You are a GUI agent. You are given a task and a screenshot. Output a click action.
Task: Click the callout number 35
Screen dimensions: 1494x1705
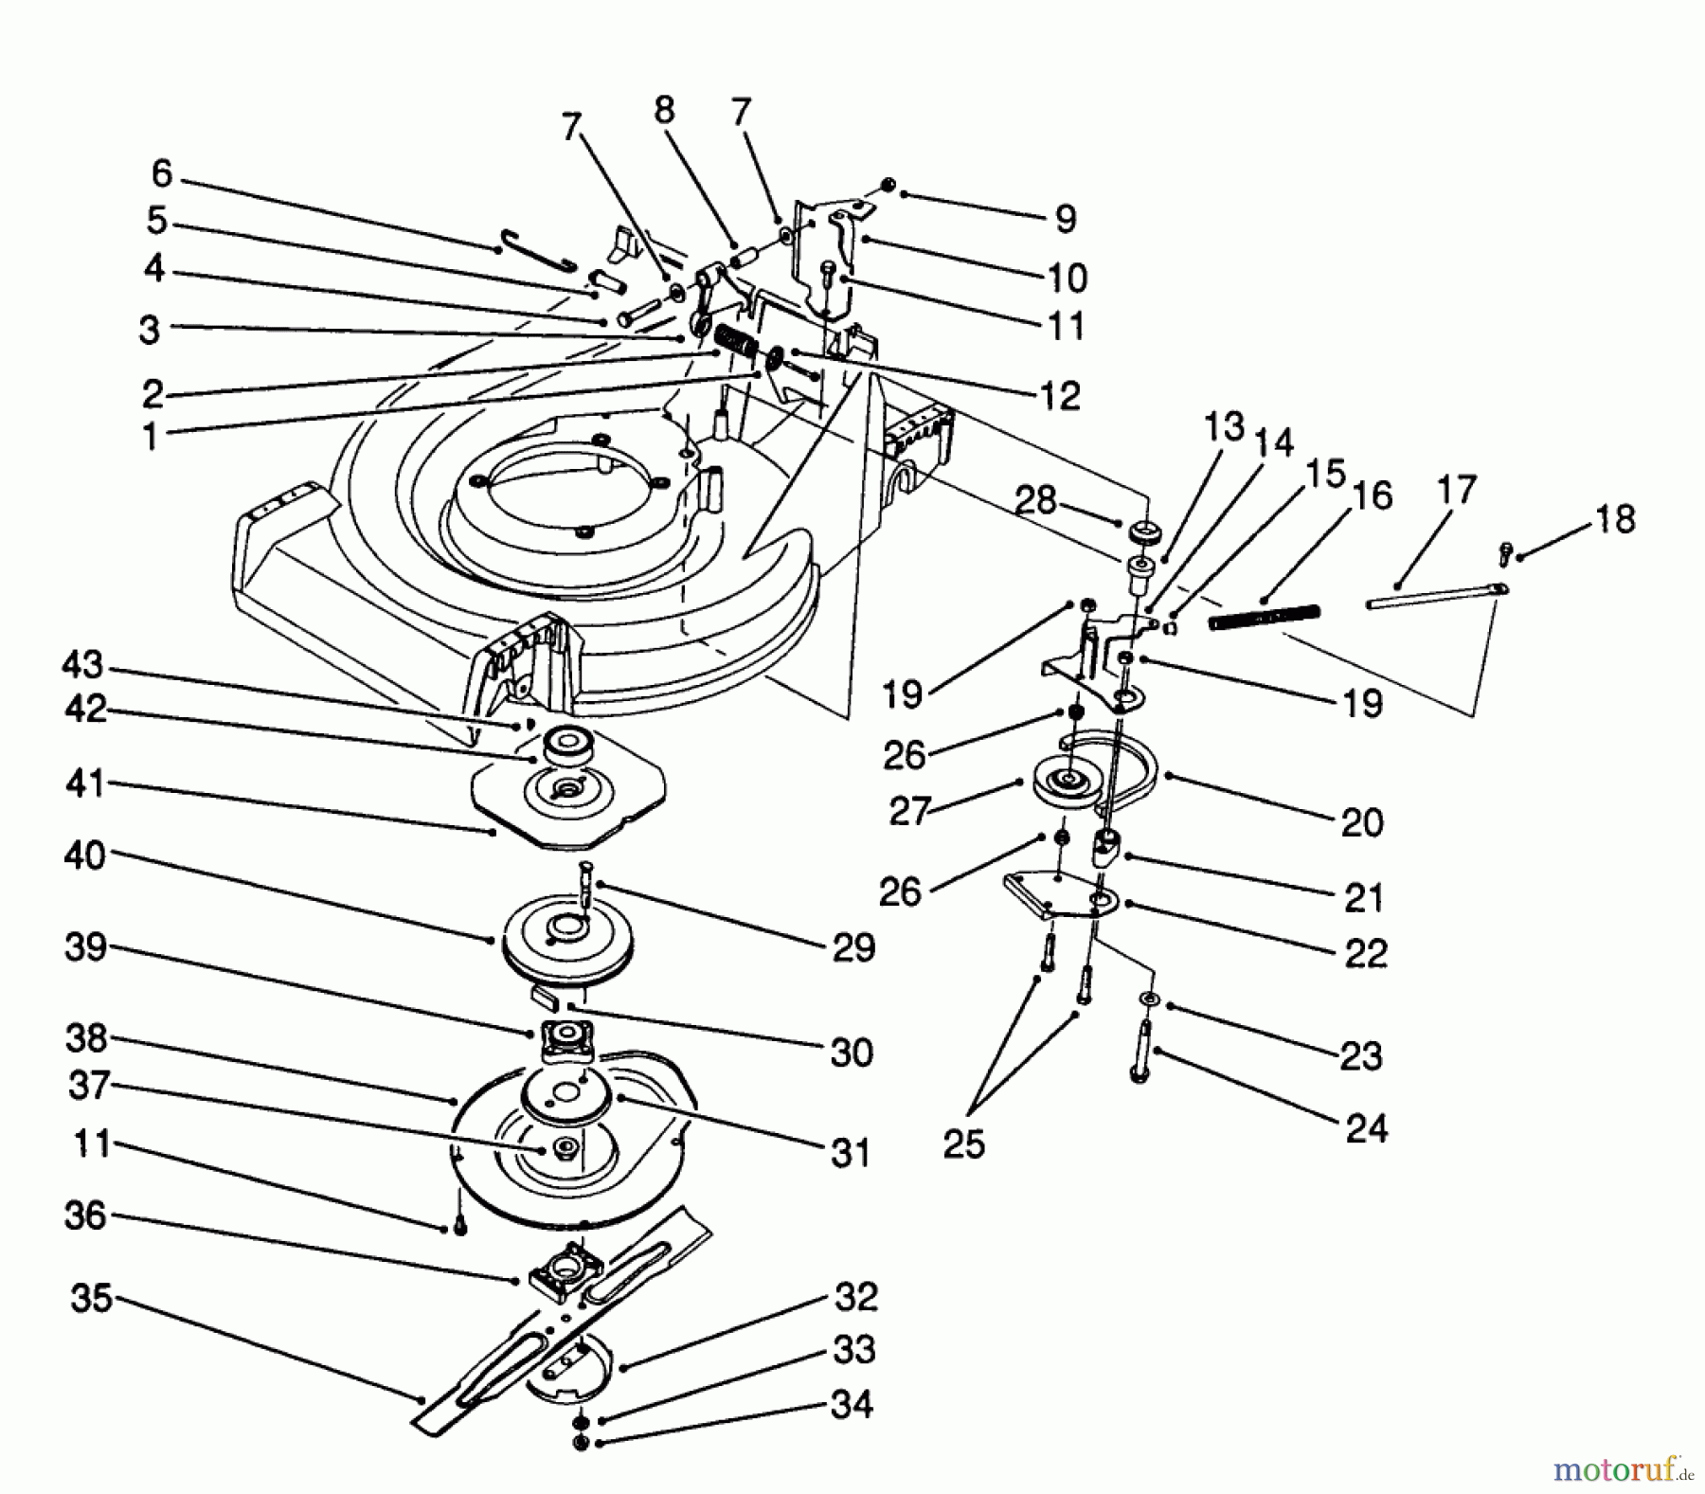(x=92, y=1298)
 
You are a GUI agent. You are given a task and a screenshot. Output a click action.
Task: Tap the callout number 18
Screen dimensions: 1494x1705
(x=1614, y=519)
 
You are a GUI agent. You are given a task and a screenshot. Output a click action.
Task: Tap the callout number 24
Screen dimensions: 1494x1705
(x=1366, y=1128)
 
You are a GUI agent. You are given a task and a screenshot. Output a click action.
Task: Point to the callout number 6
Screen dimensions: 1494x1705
(x=162, y=173)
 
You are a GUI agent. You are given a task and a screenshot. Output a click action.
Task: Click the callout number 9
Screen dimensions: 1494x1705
(x=1066, y=219)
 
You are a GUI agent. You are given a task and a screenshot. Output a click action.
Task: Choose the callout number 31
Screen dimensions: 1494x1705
(x=850, y=1153)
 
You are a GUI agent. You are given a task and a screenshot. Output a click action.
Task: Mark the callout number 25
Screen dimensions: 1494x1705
(x=963, y=1144)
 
